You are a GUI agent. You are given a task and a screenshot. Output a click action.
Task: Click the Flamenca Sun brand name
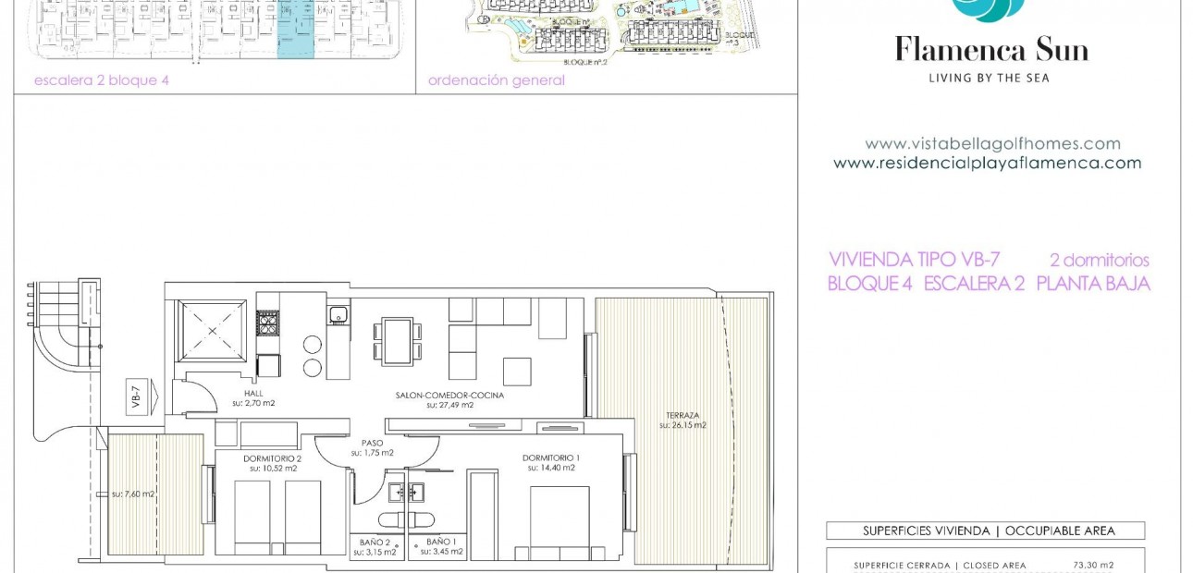pos(990,50)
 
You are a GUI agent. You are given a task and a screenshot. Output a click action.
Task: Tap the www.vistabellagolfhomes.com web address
pos(992,144)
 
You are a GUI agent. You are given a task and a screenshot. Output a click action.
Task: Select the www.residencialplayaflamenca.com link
pos(987,164)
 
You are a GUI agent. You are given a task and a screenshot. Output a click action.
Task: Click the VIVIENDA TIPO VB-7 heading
pos(914,261)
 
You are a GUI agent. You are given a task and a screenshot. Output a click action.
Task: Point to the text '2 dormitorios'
pos(1099,261)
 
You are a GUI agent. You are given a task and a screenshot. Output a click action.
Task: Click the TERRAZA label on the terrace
pos(683,416)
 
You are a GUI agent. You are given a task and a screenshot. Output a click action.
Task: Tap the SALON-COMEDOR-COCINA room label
pos(449,396)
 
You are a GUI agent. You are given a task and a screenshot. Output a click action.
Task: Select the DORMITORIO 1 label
pos(551,458)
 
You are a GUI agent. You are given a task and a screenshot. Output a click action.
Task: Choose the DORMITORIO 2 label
pos(273,458)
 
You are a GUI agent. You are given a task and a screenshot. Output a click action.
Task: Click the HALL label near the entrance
pos(253,394)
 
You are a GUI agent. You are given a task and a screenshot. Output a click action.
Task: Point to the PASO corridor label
pos(372,443)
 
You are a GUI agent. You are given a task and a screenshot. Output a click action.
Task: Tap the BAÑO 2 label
pos(375,542)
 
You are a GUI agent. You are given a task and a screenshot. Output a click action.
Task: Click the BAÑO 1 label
pos(440,542)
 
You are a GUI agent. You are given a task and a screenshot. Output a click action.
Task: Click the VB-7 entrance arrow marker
pos(137,396)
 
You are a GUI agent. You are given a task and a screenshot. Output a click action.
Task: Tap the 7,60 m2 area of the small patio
pos(133,494)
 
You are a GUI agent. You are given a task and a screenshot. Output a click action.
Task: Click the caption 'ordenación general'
pos(496,80)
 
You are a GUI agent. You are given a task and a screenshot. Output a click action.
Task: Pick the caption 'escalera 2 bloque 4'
pos(102,80)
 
